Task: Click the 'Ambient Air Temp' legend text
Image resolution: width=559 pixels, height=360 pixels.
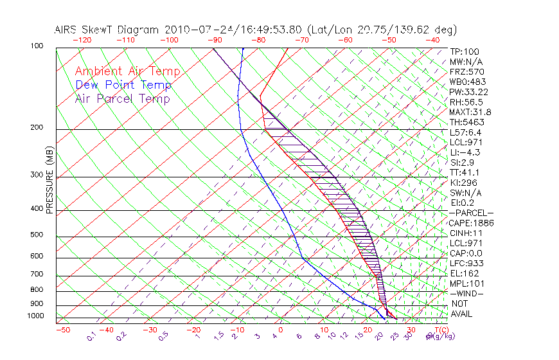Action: point(127,71)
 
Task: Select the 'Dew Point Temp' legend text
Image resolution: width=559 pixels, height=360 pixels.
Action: point(123,85)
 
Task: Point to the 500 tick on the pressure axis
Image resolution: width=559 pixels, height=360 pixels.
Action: point(37,235)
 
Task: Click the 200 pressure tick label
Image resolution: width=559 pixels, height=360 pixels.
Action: point(37,127)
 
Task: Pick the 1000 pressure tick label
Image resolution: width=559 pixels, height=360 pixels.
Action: point(35,316)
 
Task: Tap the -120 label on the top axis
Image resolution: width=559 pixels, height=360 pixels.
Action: point(82,39)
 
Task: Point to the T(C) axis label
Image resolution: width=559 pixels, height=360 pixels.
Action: point(438,330)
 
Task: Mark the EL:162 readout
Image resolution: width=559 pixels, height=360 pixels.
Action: point(463,273)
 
